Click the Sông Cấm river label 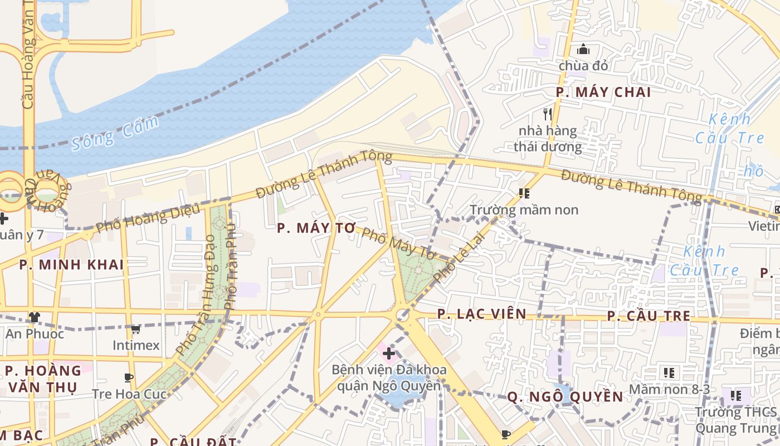115,133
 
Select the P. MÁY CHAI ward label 603,93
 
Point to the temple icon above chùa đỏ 583,50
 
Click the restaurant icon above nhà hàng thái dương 547,114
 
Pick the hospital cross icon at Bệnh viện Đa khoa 389,353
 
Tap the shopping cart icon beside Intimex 135,329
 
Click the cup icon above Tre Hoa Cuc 129,377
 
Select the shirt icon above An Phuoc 35,317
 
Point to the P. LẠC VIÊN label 481,314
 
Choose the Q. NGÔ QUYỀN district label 565,396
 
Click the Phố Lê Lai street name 460,257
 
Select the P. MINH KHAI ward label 71,265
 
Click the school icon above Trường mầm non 524,193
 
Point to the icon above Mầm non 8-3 669,372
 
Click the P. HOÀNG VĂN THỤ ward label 43,379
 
